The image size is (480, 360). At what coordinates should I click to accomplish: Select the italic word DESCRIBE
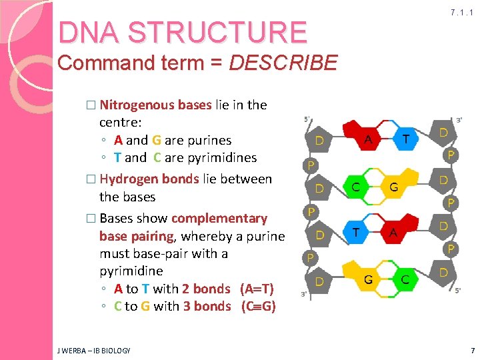point(283,63)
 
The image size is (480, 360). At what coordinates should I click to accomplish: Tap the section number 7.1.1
point(461,13)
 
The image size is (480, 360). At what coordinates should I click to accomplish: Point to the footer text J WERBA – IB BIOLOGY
point(94,350)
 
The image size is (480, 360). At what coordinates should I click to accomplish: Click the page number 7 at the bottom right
point(471,350)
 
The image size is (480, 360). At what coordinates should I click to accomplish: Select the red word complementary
point(219,218)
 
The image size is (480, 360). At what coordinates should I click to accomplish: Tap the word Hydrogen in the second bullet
point(126,179)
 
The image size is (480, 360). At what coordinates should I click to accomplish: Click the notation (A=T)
point(257,289)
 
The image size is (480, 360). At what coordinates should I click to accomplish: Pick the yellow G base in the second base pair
point(393,187)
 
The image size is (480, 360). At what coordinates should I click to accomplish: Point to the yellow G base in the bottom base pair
point(367,280)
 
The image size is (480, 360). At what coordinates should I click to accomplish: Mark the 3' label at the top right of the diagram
point(459,121)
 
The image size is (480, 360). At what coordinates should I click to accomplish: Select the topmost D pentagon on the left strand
point(319,141)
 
